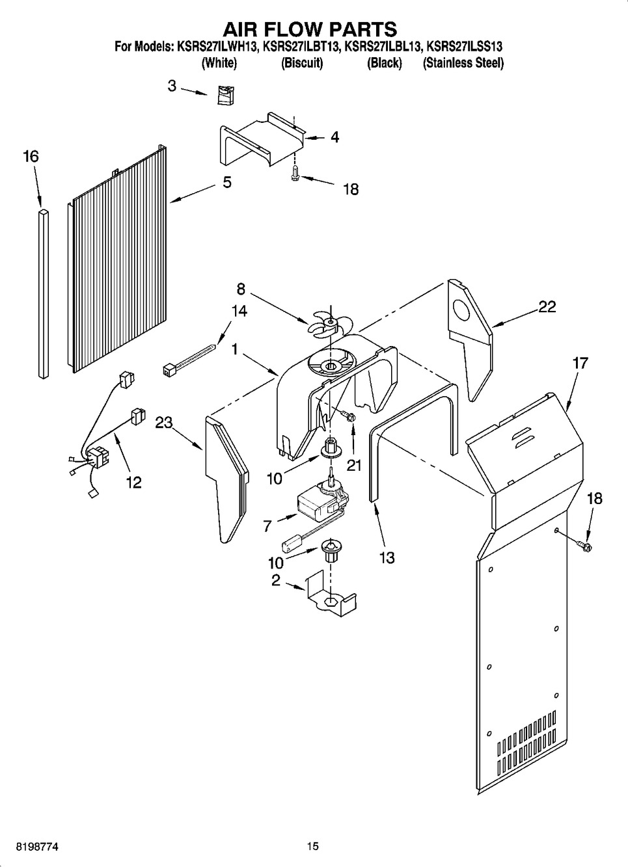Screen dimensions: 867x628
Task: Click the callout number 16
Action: click(x=31, y=157)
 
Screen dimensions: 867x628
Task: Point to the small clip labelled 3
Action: click(x=225, y=94)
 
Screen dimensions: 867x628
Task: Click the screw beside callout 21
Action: click(x=348, y=416)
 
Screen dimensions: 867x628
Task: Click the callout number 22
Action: click(x=547, y=307)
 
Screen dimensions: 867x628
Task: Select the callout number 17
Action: click(x=579, y=363)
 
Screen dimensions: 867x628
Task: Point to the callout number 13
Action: click(x=387, y=557)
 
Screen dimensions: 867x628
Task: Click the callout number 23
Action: click(x=163, y=423)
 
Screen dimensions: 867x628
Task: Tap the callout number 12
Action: click(x=133, y=483)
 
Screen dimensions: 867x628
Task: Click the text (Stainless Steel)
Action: click(x=463, y=63)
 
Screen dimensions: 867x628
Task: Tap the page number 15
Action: click(x=313, y=847)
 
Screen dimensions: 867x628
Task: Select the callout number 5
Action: click(x=226, y=183)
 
